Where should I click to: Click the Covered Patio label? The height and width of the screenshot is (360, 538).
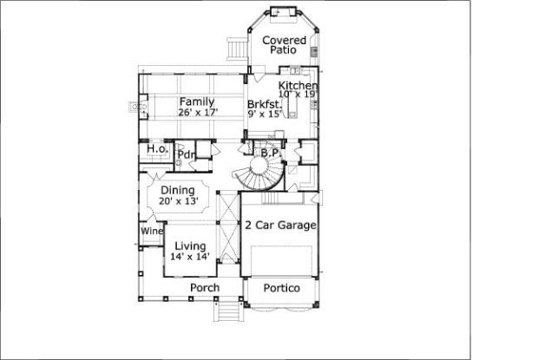coord(283,45)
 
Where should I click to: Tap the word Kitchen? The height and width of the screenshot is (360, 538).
coord(298,86)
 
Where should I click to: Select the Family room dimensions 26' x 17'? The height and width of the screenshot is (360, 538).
coord(198,112)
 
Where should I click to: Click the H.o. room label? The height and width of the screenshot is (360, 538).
coord(156,149)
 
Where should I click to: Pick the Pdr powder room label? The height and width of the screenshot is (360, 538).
coord(185,155)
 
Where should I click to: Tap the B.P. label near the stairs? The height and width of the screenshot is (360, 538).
coord(269,153)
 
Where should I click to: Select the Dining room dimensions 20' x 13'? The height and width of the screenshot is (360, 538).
coord(178,201)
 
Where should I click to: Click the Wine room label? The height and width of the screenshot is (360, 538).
coord(151,232)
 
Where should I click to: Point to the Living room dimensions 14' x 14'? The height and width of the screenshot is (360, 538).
coord(188,256)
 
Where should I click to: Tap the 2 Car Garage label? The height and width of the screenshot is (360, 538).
coord(279,226)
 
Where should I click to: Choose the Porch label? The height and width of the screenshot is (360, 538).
coord(205,288)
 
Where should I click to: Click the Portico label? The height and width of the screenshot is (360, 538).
coord(280,287)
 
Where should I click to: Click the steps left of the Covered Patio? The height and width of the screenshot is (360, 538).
coord(235,49)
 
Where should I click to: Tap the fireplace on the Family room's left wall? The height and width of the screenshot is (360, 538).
coord(138,108)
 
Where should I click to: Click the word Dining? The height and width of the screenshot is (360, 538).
coord(178,191)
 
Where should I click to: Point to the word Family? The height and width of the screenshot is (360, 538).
coord(198,101)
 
